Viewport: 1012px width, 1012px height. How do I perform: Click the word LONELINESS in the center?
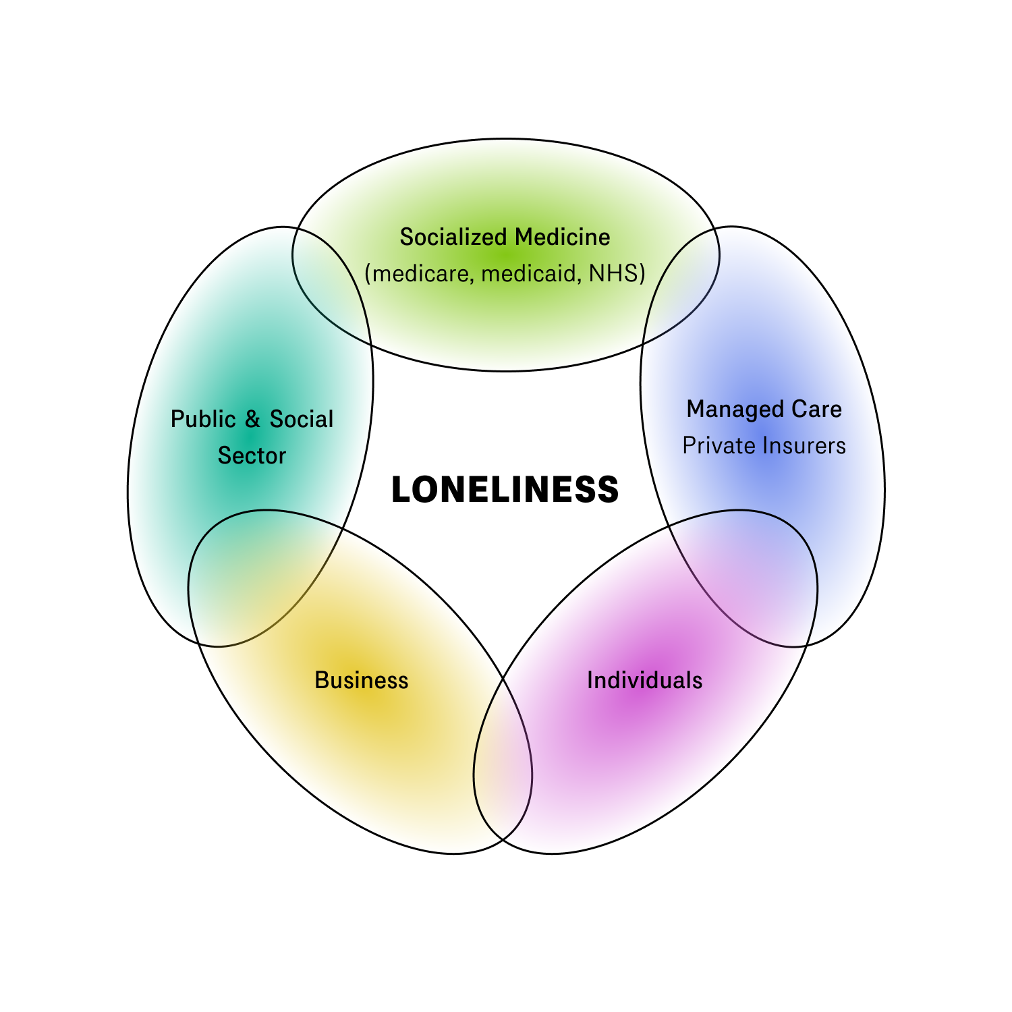pyautogui.click(x=505, y=490)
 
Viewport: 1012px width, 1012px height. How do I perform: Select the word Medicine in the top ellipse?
pyautogui.click(x=563, y=237)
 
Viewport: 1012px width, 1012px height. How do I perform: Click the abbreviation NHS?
pyautogui.click(x=613, y=273)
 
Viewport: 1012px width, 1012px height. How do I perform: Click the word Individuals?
pyautogui.click(x=644, y=680)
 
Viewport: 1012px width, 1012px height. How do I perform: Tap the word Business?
pyautogui.click(x=362, y=680)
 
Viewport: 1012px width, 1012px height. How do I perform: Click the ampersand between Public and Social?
pyautogui.click(x=252, y=420)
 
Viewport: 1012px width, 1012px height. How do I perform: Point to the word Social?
pyautogui.click(x=302, y=420)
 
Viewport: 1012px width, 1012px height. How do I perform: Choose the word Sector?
pyautogui.click(x=252, y=456)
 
